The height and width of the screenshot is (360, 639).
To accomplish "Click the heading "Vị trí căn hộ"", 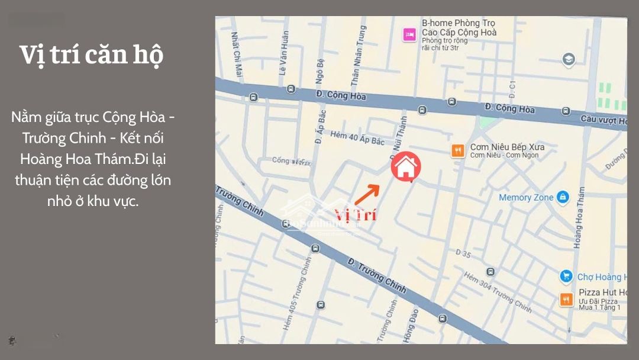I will click(91, 55).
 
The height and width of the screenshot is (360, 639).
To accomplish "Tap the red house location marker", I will click(406, 167).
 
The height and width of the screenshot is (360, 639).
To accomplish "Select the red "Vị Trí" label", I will click(356, 214).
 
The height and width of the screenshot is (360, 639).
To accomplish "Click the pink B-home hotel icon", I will click(408, 34).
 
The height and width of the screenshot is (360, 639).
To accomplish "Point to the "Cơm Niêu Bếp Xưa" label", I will click(507, 147).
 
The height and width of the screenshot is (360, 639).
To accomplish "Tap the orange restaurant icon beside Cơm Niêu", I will click(457, 151).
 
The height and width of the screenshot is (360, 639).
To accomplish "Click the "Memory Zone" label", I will click(526, 197).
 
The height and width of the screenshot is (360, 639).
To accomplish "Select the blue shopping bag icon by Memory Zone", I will click(563, 197).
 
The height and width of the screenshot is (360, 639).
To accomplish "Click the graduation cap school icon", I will click(568, 59).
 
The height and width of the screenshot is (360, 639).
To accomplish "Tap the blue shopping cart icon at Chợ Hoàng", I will click(566, 277).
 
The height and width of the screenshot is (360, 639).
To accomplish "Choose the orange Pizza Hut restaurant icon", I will click(566, 300).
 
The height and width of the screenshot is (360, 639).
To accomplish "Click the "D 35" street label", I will click(463, 253).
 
